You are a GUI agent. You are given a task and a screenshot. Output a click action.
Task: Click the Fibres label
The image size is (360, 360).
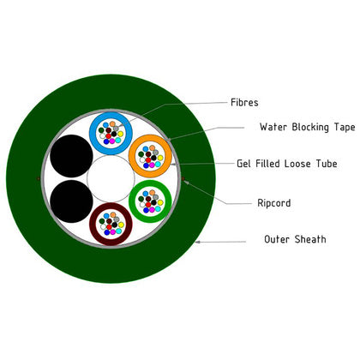(x=244, y=102)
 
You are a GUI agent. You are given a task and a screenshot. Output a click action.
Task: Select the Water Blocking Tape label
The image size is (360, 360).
(x=308, y=127)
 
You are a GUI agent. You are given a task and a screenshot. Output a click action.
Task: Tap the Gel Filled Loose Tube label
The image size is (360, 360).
(x=287, y=164)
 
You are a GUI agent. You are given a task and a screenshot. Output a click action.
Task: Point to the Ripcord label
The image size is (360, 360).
(x=274, y=203)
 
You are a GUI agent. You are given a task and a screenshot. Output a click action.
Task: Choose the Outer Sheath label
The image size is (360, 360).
(x=295, y=239)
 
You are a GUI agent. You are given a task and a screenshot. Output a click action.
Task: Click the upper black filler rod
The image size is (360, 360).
(x=71, y=156)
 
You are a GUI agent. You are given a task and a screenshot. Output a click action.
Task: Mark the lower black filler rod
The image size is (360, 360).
(x=71, y=201)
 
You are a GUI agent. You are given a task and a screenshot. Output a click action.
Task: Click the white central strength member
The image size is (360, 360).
(x=111, y=179)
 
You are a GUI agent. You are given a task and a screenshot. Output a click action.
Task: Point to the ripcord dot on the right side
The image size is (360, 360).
(x=183, y=179)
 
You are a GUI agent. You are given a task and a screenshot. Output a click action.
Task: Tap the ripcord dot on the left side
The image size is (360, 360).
(x=39, y=179)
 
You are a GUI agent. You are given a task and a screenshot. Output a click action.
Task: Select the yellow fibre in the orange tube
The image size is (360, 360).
(x=160, y=158)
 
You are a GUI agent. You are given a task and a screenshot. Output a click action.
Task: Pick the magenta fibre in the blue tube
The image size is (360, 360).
(x=112, y=141)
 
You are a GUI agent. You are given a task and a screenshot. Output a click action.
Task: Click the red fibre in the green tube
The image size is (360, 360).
(x=148, y=205)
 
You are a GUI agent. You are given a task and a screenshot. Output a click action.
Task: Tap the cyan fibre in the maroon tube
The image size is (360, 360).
(x=118, y=231)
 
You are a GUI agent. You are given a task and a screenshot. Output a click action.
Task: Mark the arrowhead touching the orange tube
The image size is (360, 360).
(x=173, y=165)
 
